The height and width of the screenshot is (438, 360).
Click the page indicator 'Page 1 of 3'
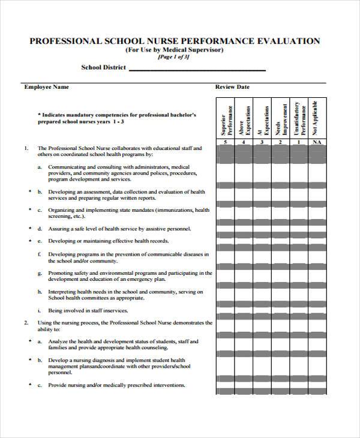click(x=174, y=58)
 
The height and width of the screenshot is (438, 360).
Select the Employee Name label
click(x=46, y=87)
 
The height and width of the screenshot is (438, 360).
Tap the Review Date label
click(x=232, y=87)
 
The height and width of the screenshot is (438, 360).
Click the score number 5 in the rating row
click(x=225, y=142)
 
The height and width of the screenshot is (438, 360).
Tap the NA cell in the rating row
click(x=317, y=142)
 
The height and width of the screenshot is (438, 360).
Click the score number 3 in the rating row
click(x=262, y=142)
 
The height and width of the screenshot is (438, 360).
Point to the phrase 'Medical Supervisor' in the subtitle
click(x=199, y=50)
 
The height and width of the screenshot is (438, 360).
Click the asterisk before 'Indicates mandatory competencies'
click(x=39, y=113)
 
